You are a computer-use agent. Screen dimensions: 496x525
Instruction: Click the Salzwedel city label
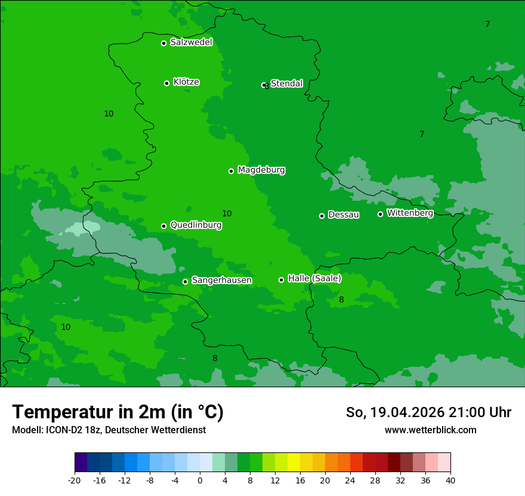point(191,42)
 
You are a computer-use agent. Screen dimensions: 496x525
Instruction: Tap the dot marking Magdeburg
point(231,171)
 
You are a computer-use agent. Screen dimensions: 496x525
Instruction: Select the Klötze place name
point(186,82)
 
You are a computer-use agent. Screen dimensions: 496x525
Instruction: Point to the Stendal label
point(286,84)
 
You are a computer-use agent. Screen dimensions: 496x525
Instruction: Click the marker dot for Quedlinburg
point(163,226)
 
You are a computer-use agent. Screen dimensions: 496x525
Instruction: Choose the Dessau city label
point(344,215)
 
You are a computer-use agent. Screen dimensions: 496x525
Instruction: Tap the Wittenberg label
point(410,213)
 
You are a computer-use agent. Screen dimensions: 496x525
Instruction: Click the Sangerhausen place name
point(221,280)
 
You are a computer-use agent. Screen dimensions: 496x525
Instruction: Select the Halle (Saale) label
point(314,278)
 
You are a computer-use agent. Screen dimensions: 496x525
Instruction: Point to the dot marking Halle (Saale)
point(281,280)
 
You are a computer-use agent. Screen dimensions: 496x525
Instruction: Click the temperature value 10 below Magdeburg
point(227,213)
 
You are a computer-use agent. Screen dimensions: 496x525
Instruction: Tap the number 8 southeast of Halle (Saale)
point(341,299)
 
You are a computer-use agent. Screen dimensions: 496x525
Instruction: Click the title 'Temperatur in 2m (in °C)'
point(118,412)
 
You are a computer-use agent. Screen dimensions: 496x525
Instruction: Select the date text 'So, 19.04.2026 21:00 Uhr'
point(428,412)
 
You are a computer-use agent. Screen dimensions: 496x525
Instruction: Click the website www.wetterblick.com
point(430,430)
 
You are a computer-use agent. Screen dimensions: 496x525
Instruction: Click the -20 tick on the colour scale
point(75,480)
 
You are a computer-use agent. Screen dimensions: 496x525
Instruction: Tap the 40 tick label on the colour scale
point(450,480)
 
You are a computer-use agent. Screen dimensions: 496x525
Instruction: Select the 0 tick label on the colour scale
point(200,480)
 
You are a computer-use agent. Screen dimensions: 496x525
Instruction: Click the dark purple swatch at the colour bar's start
point(81,463)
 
